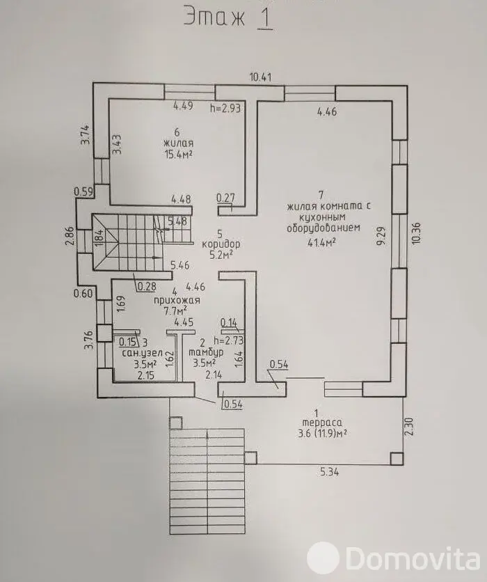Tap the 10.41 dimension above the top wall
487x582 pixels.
click(260, 77)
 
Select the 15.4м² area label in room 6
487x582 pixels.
click(178, 155)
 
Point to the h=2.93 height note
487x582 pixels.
click(225, 108)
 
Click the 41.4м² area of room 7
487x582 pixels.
click(322, 243)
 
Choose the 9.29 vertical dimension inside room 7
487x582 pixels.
click(383, 235)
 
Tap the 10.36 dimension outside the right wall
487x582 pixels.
click(415, 233)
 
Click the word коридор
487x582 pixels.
click(221, 244)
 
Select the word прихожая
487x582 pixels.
click(177, 300)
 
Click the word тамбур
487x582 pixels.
click(206, 352)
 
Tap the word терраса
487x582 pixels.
click(322, 423)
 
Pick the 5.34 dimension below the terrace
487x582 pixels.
click(329, 472)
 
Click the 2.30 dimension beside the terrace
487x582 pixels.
click(409, 427)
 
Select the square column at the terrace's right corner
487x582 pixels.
click(397, 458)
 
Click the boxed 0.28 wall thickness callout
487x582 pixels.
click(146, 286)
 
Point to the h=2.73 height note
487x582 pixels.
click(228, 340)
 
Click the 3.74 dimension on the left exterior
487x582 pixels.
click(86, 135)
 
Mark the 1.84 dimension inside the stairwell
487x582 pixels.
click(99, 238)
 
